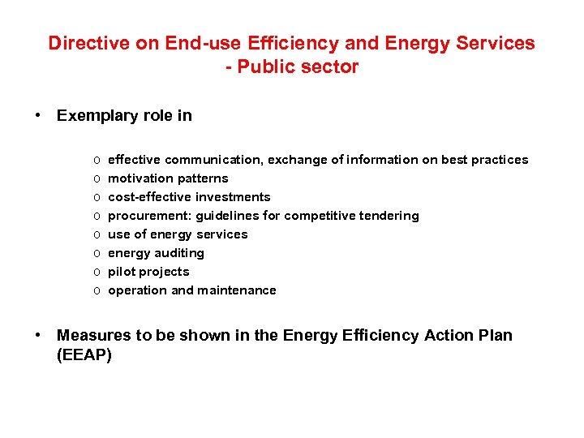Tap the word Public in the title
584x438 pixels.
click(272, 67)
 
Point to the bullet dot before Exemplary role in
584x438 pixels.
click(38, 115)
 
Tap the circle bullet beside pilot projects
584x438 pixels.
click(96, 272)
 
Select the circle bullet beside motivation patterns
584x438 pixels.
click(96, 178)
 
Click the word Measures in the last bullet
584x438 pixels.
click(90, 336)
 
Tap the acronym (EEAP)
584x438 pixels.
click(84, 354)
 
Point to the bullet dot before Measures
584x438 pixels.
click(38, 336)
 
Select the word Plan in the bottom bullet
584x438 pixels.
click(496, 336)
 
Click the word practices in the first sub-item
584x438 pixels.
click(500, 160)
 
